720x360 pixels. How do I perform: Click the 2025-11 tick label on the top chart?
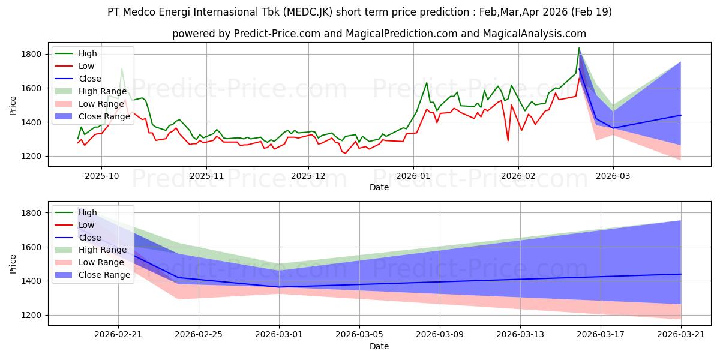(206, 176)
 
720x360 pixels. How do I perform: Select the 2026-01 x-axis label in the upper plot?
(413, 176)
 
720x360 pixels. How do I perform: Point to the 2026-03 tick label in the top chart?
(613, 176)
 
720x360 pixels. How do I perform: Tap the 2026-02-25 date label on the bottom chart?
(199, 335)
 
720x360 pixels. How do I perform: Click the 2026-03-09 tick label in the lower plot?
(440, 335)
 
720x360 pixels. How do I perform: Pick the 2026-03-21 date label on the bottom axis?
(681, 335)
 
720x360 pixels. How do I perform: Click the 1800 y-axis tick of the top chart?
(31, 54)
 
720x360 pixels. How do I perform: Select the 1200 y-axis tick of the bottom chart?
(31, 316)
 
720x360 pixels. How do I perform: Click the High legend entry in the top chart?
(76, 53)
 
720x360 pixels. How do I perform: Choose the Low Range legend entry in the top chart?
(89, 104)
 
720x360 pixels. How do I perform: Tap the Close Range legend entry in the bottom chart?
(92, 275)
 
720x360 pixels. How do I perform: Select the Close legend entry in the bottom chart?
(78, 238)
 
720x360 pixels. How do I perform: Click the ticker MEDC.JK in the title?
(308, 12)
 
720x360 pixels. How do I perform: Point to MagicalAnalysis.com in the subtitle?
(534, 34)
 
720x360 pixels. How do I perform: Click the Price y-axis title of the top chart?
(13, 106)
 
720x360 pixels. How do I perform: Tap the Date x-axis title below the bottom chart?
(379, 346)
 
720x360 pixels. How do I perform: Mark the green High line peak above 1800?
(579, 48)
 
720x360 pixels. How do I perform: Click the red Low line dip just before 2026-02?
(508, 140)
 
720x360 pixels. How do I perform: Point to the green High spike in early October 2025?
(121, 69)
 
